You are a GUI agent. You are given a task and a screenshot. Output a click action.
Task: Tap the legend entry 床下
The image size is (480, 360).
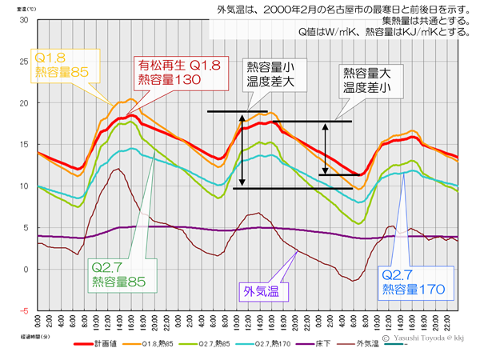(x=314, y=345)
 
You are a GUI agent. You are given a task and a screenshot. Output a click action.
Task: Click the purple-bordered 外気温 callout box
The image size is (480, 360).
(x=262, y=290)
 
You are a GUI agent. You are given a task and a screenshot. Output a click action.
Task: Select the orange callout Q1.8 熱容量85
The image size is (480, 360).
(x=65, y=65)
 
